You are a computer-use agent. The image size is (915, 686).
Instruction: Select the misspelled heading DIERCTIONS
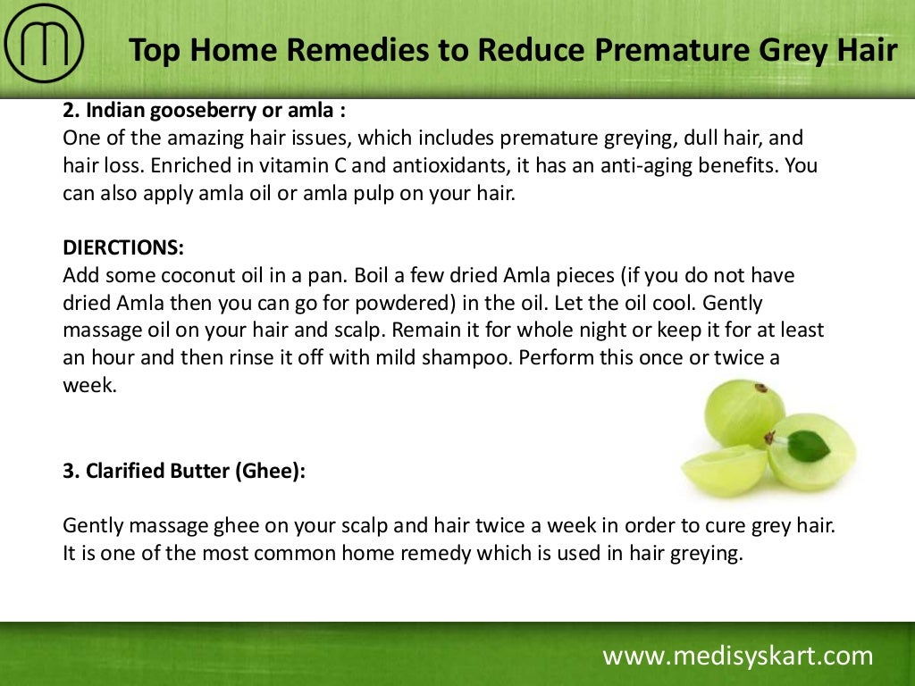coord(123,248)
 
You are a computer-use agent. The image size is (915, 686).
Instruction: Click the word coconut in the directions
coord(201,276)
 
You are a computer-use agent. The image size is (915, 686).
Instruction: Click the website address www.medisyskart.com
coord(737,657)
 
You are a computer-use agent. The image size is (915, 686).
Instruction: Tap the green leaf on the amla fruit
coord(808,444)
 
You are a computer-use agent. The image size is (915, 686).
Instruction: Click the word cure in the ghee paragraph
coord(686,526)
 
